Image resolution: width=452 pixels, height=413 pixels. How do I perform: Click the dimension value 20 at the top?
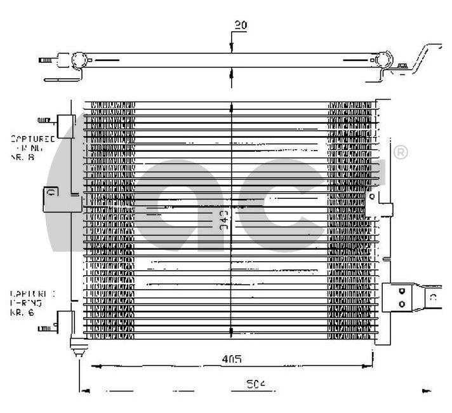(239, 25)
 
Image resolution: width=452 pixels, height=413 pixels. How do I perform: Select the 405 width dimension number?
(232, 360)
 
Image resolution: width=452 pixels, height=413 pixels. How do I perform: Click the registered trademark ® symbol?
(401, 152)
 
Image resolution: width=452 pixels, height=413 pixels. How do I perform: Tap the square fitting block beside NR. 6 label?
(66, 320)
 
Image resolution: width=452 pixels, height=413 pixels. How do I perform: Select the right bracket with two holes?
(401, 296)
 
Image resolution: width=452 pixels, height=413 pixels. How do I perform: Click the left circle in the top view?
(77, 62)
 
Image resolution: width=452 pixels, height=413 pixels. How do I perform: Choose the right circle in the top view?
(384, 62)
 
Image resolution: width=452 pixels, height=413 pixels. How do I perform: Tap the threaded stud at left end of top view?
(46, 62)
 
